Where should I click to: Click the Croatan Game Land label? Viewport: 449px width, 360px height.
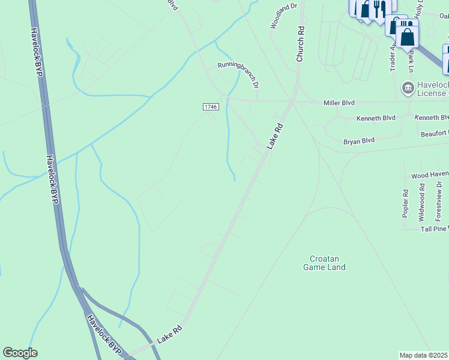pos(324,263)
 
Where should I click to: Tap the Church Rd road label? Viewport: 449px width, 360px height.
pos(301,44)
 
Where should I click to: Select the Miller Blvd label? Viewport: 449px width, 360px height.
pos(340,103)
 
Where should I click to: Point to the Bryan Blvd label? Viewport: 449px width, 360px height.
pos(359,141)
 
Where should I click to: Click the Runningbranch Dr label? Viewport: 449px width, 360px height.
pos(238,73)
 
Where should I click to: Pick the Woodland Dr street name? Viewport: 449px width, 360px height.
pos(283,16)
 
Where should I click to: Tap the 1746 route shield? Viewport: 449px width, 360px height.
pos(210,106)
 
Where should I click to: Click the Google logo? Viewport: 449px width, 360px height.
pos(20,353)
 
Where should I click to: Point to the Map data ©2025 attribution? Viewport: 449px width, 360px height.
pos(424,355)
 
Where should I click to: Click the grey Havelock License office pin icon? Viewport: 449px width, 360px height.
pos(408,88)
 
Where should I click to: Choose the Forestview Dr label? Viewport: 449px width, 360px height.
pos(439,203)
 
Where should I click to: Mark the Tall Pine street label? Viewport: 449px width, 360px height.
pos(434,229)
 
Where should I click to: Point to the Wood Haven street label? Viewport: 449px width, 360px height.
pos(430,175)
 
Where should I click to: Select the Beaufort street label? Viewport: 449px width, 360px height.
pos(434,133)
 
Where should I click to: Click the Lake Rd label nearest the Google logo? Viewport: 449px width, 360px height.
pos(169,334)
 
